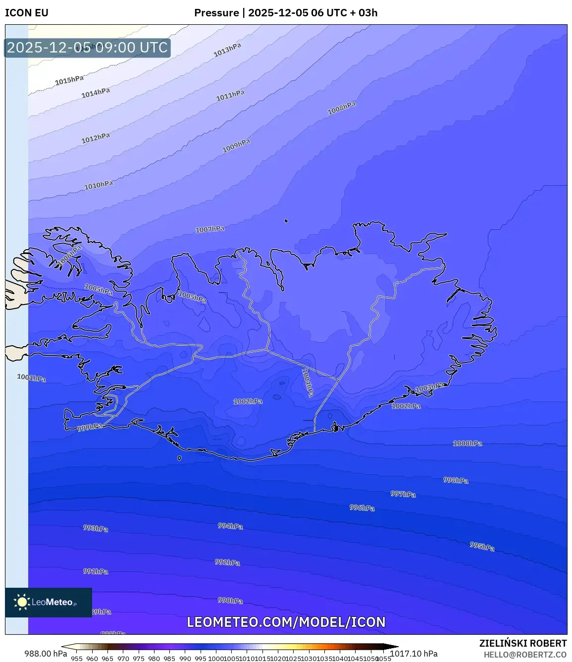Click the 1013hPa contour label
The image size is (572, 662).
pos(227,50)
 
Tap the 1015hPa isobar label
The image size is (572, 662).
pos(69,80)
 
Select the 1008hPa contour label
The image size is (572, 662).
pos(342,108)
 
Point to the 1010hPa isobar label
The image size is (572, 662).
pos(99,185)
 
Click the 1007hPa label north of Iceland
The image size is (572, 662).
pos(210,229)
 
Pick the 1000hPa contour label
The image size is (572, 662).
pos(468,443)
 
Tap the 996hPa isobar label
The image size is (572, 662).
pos(362,508)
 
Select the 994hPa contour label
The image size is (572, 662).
pos(230,526)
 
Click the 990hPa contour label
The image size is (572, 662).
pos(230,601)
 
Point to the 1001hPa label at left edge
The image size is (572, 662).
pos(32,378)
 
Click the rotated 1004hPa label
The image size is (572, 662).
pos(308,382)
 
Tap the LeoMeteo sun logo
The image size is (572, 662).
pos(22,602)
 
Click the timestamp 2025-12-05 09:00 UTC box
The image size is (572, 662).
pos(87,48)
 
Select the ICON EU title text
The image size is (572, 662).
pos(27,13)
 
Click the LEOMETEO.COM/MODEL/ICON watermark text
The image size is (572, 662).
pos(286,622)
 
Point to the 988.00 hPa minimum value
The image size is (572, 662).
pos(46,654)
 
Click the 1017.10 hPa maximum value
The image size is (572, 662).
pos(414,654)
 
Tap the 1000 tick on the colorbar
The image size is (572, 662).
pos(216,659)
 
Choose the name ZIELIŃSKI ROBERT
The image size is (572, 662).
pos(523,643)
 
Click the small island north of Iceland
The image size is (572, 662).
pos(286,221)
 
